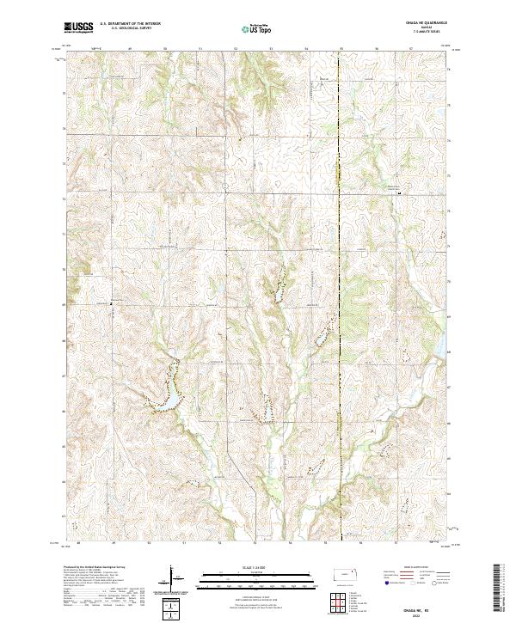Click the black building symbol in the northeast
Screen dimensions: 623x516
(x=399, y=193)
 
